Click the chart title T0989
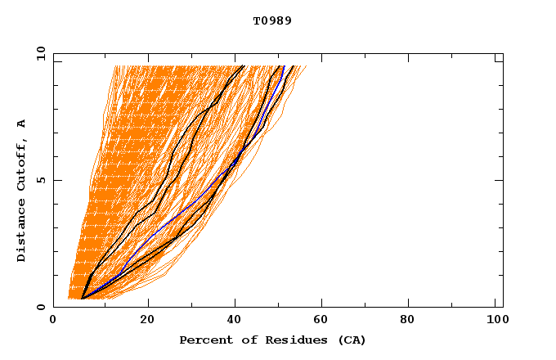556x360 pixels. (x=272, y=21)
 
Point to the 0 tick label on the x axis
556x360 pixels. (x=53, y=319)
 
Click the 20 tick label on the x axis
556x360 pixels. (x=147, y=319)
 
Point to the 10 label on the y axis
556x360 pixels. (x=41, y=53)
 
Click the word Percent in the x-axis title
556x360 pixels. (x=203, y=340)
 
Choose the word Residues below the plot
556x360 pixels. (x=286, y=340)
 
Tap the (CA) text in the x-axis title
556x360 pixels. (x=349, y=340)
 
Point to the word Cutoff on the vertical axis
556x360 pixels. (x=22, y=166)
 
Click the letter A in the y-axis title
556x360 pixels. (x=22, y=124)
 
